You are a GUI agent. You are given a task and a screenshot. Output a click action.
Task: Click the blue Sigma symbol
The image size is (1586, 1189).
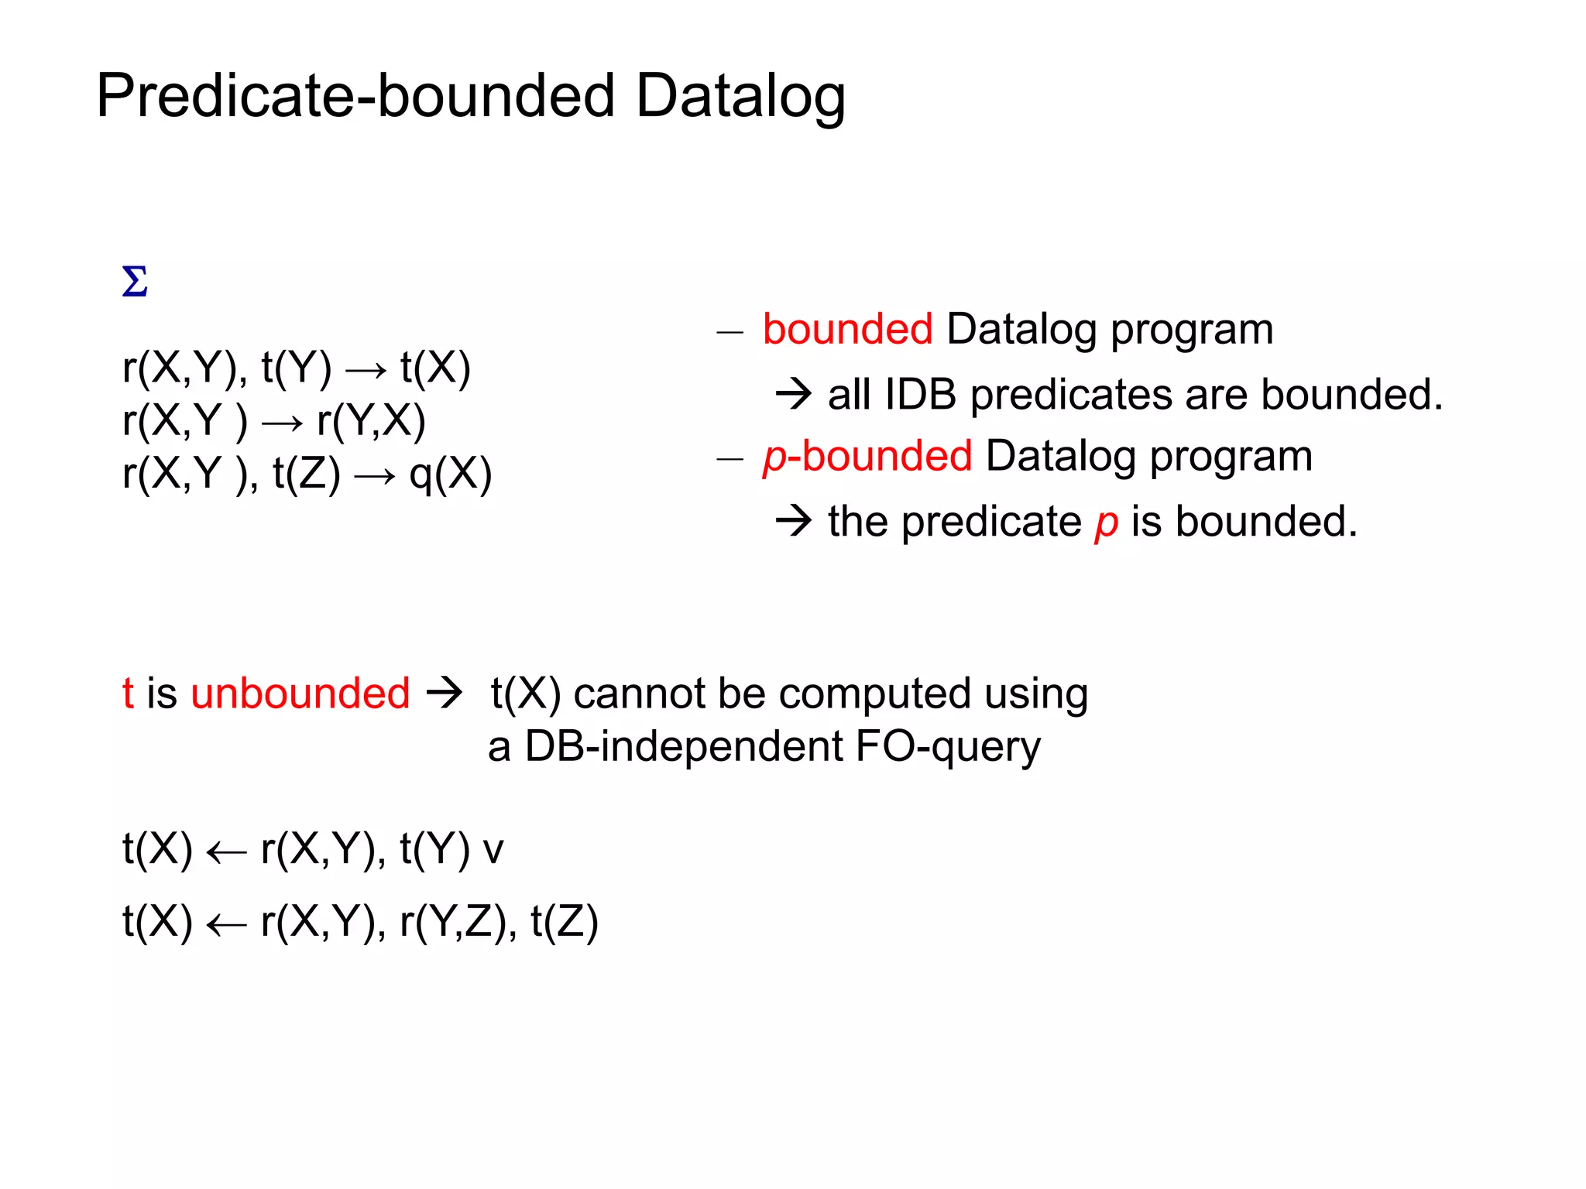point(135,282)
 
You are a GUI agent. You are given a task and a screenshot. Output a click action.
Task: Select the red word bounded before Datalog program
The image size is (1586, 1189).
point(847,329)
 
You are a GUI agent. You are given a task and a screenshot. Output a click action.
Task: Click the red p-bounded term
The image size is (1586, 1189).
point(867,456)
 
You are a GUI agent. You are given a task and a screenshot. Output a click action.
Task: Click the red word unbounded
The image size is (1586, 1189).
point(300,693)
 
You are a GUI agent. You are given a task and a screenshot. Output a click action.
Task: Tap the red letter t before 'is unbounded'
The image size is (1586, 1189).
point(128,693)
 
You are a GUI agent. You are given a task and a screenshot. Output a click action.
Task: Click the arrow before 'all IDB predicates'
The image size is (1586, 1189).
point(794,394)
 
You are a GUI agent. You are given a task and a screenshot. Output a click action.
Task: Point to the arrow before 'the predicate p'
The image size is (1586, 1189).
point(794,521)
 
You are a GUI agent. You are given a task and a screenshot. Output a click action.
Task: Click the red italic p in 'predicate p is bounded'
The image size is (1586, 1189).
point(1106,523)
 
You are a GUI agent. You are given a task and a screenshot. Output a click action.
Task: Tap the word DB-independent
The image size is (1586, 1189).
point(684,747)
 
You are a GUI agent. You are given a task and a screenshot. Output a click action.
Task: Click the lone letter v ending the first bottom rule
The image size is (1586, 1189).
point(493,850)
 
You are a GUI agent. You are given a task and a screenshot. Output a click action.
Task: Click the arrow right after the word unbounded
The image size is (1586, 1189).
point(445,693)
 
